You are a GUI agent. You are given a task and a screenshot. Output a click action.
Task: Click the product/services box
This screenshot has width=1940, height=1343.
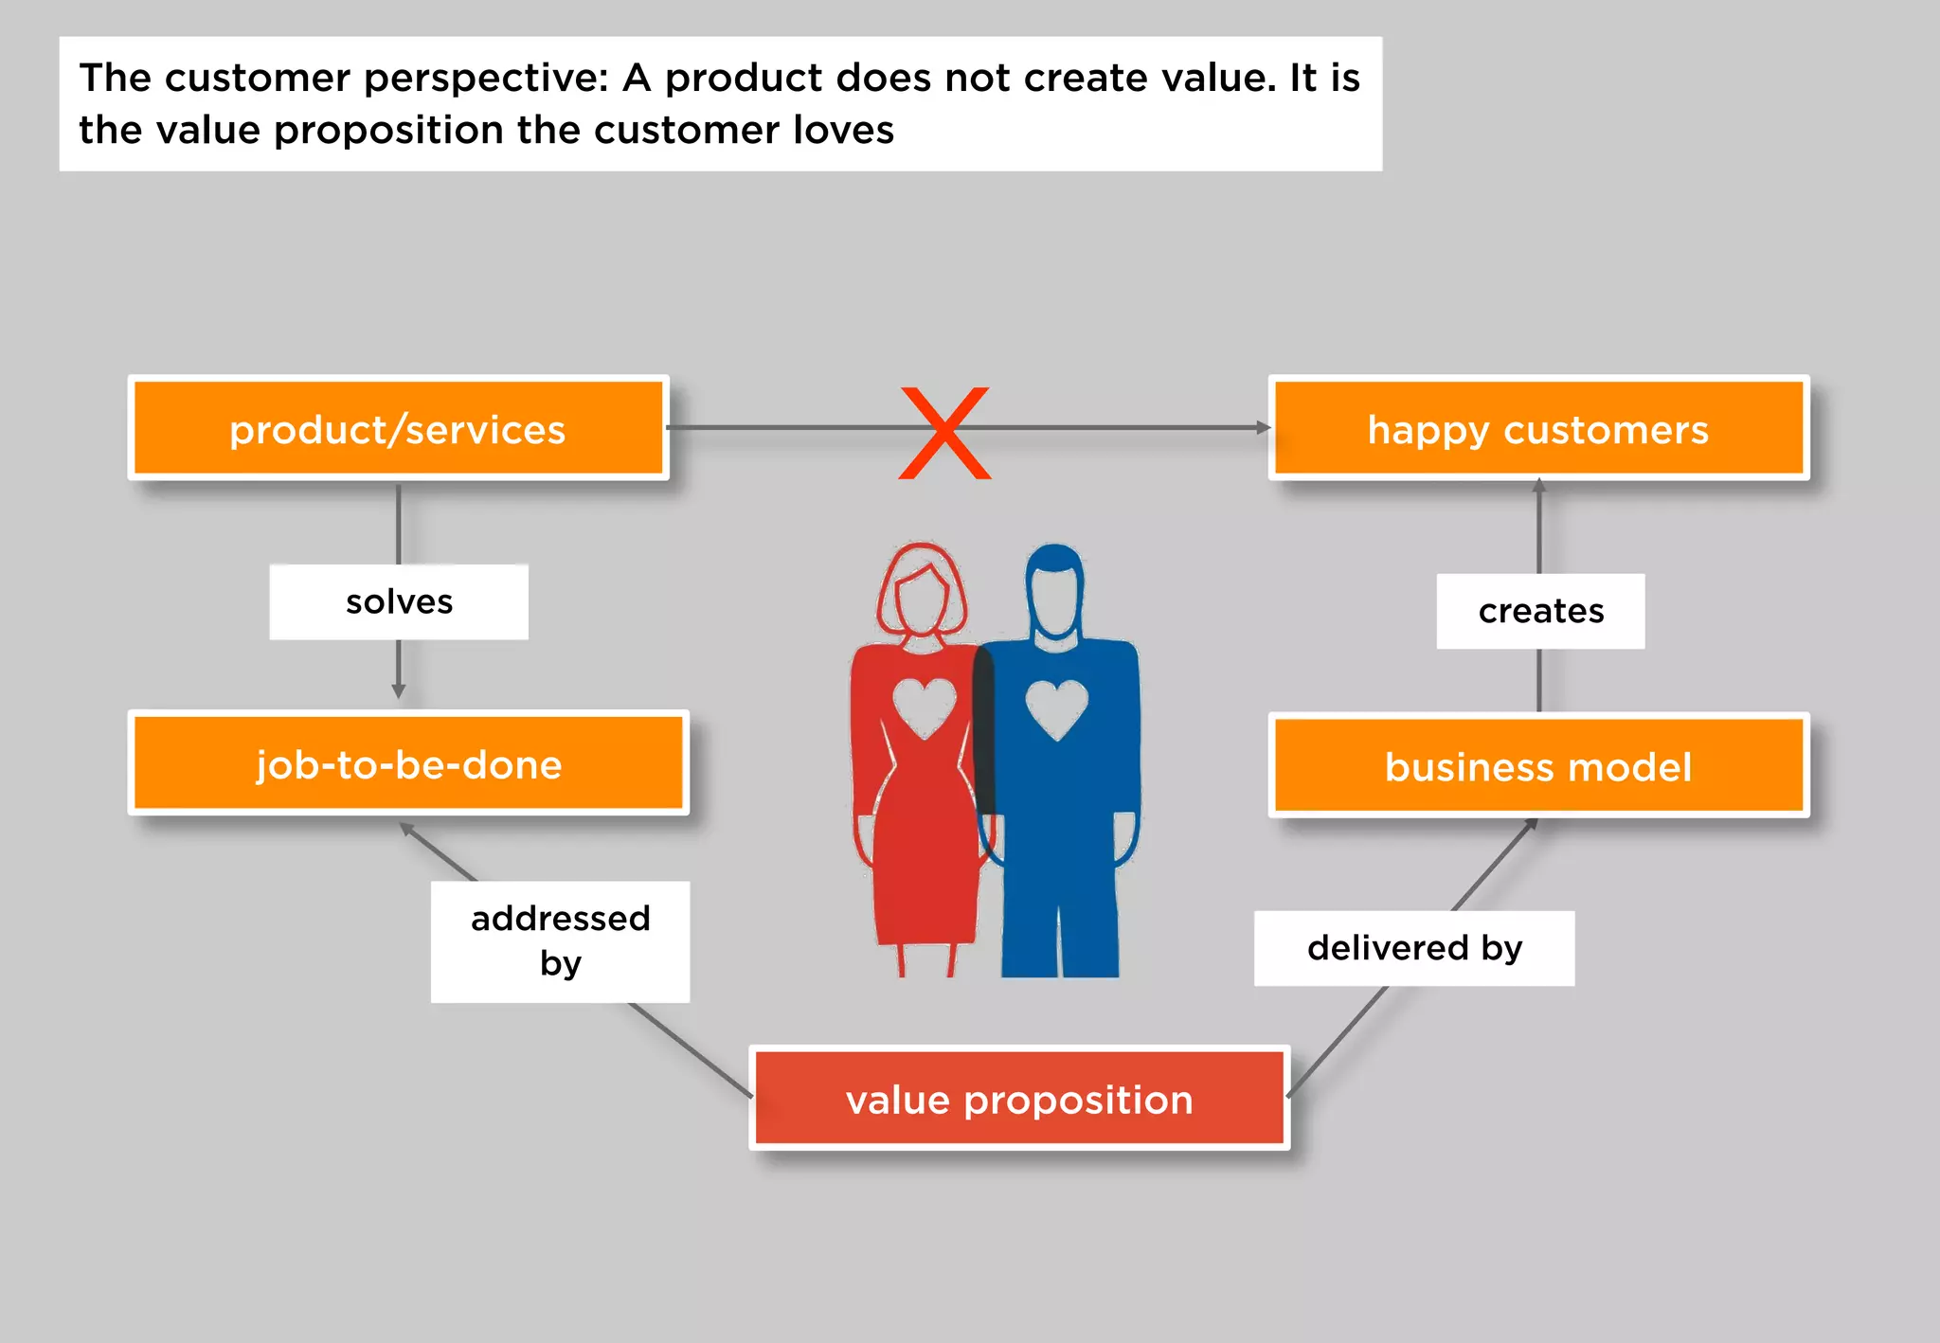coord(398,428)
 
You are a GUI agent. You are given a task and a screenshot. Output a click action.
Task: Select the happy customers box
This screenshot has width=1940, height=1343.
coord(1538,428)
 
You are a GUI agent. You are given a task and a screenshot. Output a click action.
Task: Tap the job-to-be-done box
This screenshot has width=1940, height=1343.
coord(408,763)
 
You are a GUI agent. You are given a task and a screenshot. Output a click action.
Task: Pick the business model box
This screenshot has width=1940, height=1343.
coord(1538,765)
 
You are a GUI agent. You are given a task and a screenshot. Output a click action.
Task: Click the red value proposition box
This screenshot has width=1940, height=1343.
coord(1019,1099)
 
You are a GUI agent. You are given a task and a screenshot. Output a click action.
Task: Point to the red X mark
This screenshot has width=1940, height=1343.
coord(944,433)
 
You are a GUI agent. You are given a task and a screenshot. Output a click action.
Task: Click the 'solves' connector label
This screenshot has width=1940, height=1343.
coord(399,602)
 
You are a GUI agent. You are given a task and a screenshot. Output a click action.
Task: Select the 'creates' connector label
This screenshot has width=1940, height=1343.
coord(1540,611)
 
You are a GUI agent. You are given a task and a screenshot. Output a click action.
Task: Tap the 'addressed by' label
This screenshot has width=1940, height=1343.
coord(560,941)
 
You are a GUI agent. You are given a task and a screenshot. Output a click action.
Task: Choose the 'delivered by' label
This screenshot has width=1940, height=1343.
coord(1414,948)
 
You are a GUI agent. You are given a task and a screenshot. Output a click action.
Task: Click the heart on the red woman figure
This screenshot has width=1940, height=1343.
coord(924,707)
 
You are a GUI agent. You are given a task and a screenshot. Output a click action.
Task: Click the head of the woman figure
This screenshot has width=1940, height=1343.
coord(921,592)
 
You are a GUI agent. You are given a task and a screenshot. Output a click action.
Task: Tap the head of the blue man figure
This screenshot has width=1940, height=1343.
coord(1054,592)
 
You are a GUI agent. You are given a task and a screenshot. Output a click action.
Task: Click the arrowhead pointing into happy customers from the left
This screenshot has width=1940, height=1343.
coord(1263,428)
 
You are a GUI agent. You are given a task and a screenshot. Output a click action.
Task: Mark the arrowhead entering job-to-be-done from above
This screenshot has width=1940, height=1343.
coord(399,691)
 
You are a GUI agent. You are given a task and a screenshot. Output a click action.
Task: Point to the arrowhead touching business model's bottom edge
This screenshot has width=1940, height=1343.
coord(1530,824)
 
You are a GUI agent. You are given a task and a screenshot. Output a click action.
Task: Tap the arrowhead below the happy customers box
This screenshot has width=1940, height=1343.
coord(1539,486)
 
